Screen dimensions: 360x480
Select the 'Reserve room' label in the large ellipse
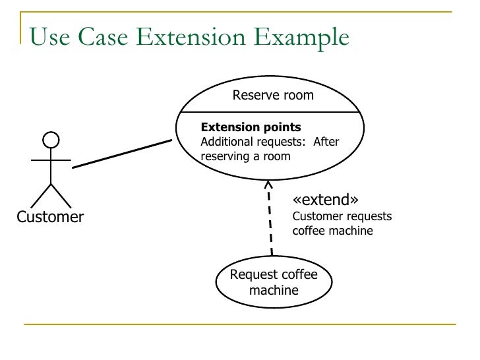point(273,96)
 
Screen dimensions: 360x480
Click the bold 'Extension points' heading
point(251,127)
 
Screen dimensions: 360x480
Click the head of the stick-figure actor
point(51,140)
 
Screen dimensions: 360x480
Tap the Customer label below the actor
point(50,217)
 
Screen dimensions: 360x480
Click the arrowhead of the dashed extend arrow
point(268,185)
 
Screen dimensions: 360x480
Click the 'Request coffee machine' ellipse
point(274,282)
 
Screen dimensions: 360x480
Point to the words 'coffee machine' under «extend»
point(332,231)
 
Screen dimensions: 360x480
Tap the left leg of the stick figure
point(41,195)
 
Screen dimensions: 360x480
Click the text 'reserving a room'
point(245,157)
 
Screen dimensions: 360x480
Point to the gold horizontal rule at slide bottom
point(240,324)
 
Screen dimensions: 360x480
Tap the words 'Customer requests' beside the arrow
point(342,216)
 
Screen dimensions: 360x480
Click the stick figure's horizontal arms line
point(51,160)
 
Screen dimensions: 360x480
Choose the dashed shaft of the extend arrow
point(270,224)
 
